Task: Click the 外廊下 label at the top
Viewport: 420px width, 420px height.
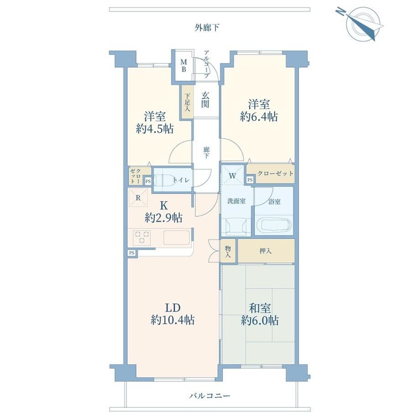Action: (x=207, y=27)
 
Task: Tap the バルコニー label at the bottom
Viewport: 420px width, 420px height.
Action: (x=210, y=396)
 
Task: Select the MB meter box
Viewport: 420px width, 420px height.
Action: (x=184, y=66)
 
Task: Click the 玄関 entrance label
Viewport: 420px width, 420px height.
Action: (x=205, y=100)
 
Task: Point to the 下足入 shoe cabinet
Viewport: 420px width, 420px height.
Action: (x=187, y=102)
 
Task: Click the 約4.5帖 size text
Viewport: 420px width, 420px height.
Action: (x=155, y=129)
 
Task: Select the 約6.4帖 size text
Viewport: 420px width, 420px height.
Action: (x=259, y=116)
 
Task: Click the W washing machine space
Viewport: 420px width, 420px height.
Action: (x=232, y=176)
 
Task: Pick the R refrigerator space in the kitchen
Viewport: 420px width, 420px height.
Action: (x=138, y=198)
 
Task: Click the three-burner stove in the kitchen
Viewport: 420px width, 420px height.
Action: (x=142, y=237)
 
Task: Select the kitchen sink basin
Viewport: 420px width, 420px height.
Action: (x=177, y=237)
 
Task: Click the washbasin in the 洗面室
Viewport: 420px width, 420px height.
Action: (x=236, y=227)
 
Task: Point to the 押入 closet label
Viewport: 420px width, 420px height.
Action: (x=266, y=251)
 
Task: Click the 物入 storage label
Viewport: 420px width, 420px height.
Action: (x=228, y=252)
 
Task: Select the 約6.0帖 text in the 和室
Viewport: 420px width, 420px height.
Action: (x=260, y=320)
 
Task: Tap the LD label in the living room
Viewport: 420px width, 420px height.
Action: (x=173, y=308)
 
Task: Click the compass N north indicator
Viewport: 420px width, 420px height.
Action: (x=341, y=11)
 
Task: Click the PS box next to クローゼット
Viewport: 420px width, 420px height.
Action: (x=250, y=180)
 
